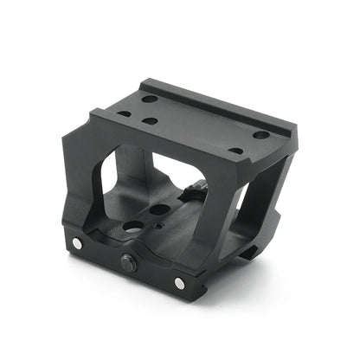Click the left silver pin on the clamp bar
coord(77,245)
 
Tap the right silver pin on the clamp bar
coord(179,283)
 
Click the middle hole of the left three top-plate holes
coord(148,120)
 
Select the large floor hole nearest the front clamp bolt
coord(131,227)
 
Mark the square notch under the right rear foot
coord(248,252)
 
